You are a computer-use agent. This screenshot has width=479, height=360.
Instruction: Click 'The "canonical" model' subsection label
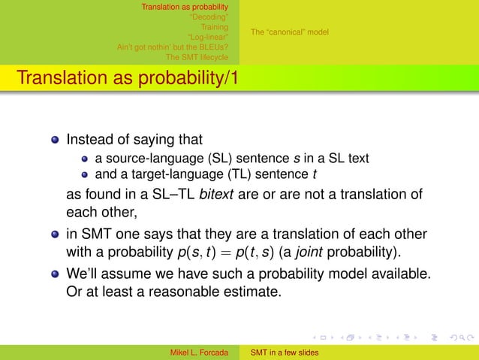[289, 32]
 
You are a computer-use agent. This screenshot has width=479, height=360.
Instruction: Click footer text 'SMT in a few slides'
[285, 352]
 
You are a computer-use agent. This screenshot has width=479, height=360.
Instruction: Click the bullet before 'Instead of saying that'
[55, 140]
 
